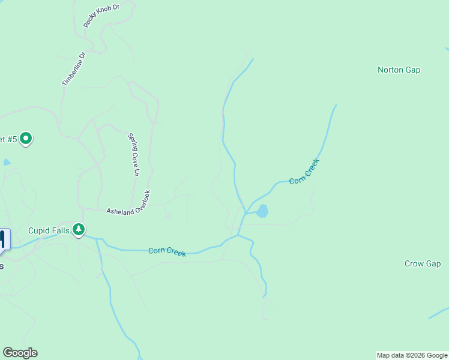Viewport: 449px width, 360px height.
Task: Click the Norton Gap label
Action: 399,70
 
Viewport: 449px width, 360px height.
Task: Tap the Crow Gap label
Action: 423,263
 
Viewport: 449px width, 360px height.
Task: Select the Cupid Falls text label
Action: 49,230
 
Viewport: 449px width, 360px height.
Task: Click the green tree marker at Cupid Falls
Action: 79,229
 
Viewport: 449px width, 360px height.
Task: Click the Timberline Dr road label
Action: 74,68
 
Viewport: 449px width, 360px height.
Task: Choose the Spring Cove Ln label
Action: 133,154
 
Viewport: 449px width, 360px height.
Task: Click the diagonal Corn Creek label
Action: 304,171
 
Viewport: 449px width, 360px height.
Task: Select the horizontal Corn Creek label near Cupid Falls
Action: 167,251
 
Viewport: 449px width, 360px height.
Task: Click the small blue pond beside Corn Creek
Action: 262,211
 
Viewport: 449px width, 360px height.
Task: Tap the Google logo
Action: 20,353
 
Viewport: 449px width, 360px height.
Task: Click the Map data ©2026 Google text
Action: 412,356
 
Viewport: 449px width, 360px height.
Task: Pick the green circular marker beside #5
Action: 25,139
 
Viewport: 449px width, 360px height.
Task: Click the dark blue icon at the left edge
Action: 3,239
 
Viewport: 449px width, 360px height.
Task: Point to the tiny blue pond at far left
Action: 7,162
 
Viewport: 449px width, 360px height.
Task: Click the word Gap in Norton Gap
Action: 412,70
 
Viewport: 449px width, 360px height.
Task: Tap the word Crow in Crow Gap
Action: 414,263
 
